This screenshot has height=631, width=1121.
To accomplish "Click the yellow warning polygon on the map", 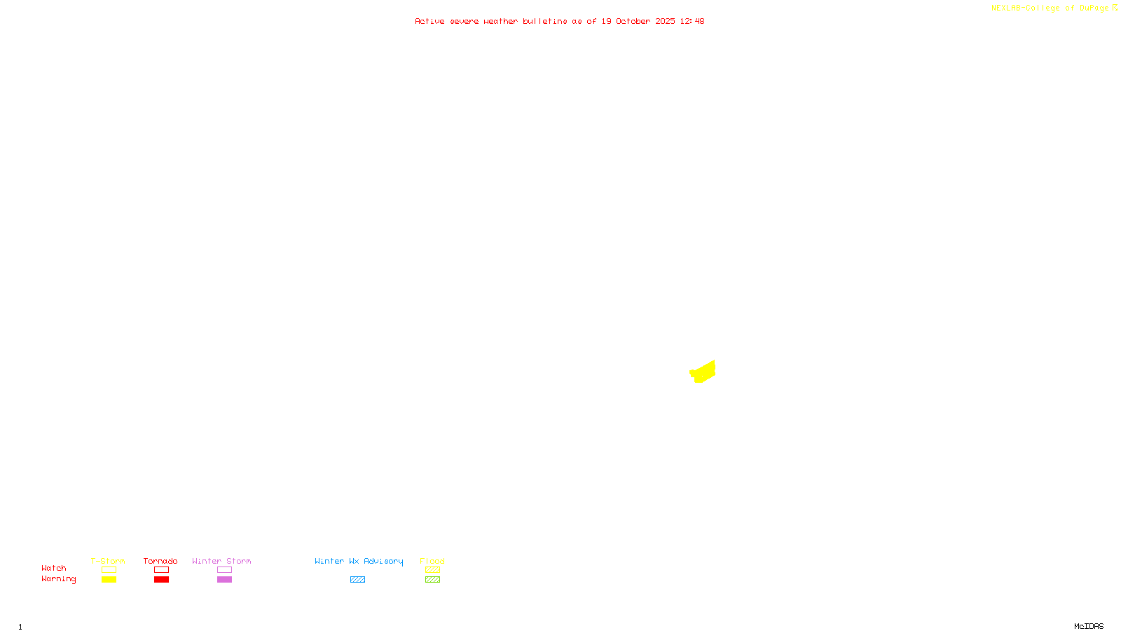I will (703, 372).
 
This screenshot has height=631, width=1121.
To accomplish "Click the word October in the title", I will (633, 21).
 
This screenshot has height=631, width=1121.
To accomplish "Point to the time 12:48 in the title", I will (692, 21).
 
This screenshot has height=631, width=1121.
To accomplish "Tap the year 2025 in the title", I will (665, 21).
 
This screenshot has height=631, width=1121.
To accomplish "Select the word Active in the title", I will (429, 21).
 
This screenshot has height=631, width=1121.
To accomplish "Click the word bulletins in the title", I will (544, 21).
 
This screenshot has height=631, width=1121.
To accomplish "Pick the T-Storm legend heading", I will (108, 561).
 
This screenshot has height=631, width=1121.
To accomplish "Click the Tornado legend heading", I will (160, 561).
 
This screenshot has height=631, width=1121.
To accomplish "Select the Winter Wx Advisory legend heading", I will (359, 561).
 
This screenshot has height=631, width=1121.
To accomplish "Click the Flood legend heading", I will (432, 561).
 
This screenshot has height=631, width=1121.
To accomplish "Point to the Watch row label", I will (54, 568).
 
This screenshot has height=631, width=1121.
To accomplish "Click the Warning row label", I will (58, 579).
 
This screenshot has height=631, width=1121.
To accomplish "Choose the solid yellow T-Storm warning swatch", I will (109, 580).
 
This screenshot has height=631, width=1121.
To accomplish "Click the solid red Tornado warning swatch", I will (161, 580).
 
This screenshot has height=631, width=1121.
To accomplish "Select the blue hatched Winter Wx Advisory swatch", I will (357, 580).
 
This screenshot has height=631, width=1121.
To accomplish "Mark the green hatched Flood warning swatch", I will (432, 580).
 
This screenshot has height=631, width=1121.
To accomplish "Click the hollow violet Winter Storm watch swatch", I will (224, 570).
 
